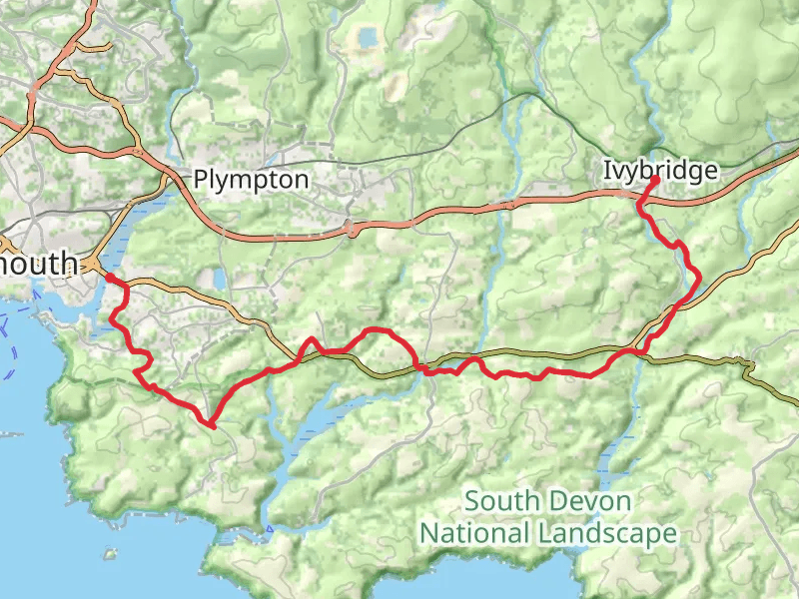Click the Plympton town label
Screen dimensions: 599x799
(251, 180)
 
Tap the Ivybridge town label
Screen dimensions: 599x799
(660, 171)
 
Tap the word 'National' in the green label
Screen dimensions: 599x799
(473, 533)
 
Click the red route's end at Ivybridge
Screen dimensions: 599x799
(651, 182)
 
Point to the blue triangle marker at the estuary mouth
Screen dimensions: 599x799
(268, 528)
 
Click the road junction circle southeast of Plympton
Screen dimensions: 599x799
(352, 229)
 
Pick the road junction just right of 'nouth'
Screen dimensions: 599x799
(92, 265)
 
